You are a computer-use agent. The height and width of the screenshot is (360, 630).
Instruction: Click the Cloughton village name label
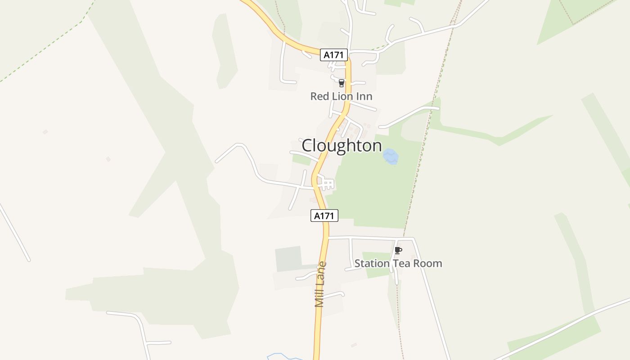point(342,146)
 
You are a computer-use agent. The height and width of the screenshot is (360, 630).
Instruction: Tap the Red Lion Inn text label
point(341,96)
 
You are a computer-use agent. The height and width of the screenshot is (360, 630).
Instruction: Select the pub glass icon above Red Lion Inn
point(341,83)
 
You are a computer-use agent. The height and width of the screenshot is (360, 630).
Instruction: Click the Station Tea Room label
point(398,263)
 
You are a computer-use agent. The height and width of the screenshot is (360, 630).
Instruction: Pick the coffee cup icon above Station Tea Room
point(398,251)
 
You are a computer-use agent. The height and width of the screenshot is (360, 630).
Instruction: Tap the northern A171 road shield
point(334,55)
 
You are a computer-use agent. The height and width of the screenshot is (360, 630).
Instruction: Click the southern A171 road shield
point(324,216)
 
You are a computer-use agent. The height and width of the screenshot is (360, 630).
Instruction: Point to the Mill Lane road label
point(320,284)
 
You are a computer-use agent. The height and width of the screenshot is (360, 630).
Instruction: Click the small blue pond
point(390,157)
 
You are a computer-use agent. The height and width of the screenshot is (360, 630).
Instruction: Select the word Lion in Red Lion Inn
point(340,96)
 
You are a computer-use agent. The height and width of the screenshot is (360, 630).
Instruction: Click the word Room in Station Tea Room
point(428,263)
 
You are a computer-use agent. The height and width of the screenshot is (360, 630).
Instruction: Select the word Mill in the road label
point(320,297)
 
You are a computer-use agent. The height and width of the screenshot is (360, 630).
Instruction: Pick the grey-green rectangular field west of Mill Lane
point(288,259)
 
